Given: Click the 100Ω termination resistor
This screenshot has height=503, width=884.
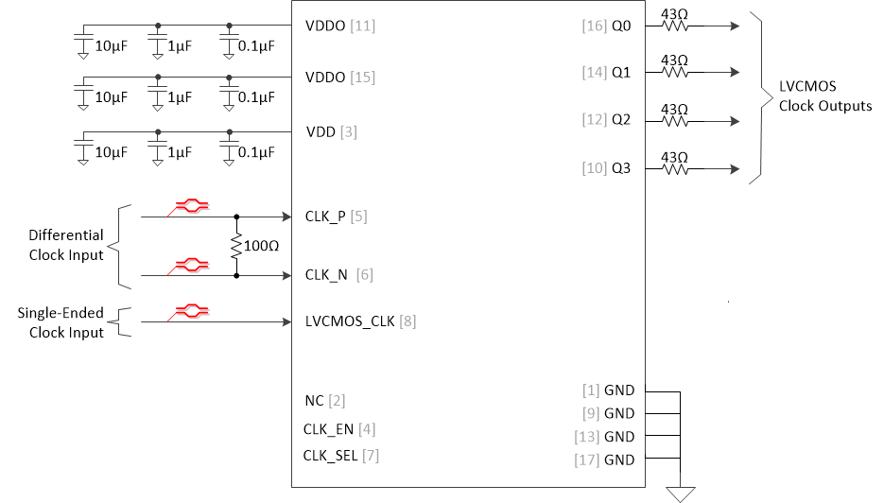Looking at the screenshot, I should click(236, 246).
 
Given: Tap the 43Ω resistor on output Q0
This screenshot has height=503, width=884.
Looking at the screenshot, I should click(674, 26).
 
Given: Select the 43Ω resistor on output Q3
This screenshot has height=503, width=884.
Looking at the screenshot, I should click(674, 170).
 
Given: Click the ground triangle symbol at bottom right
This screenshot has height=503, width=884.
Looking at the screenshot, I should click(681, 494).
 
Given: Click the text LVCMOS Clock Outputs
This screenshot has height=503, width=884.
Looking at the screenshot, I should click(824, 96).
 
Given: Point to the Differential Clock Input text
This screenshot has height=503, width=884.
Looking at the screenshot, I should click(66, 245).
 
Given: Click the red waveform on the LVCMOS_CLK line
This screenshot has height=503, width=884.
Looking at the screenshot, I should click(189, 311).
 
